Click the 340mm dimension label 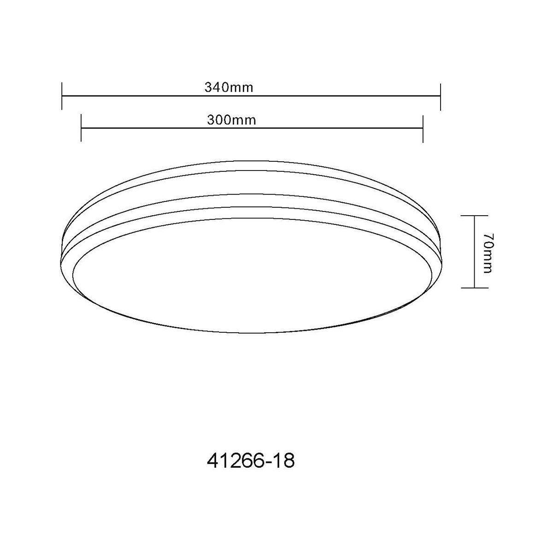pos(229,87)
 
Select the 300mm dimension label pos(231,120)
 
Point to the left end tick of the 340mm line pos(62,96)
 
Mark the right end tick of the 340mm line pos(440,97)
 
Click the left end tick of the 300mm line pos(81,128)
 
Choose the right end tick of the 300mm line pos(423,129)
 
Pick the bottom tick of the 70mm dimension pos(474,287)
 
